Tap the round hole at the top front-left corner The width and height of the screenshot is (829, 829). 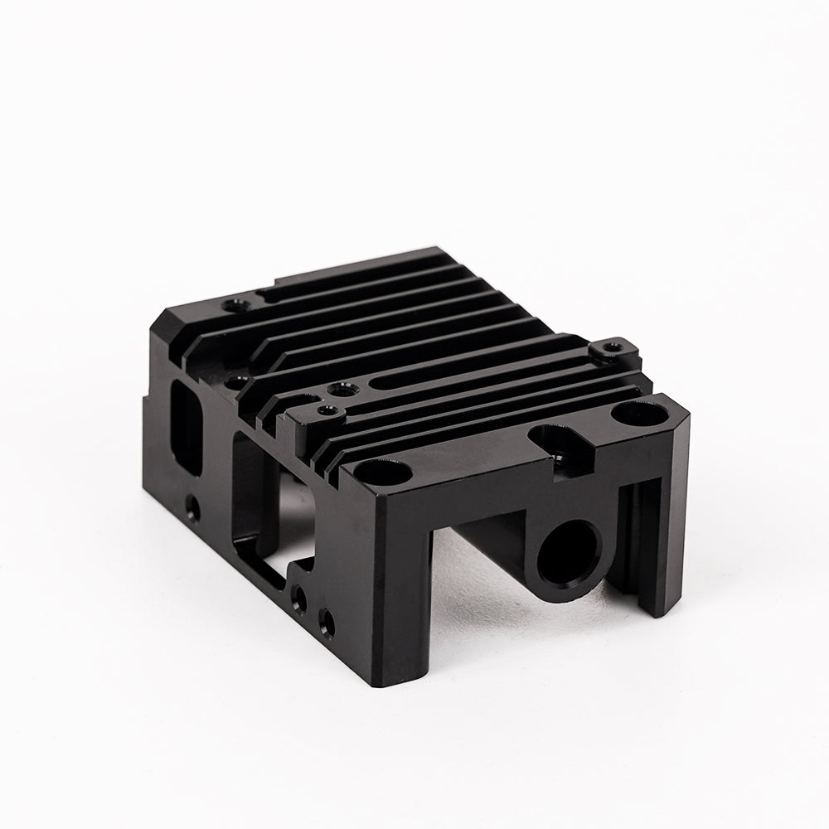pyautogui.click(x=381, y=474)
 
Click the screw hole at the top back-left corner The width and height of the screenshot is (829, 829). pyautogui.click(x=235, y=304)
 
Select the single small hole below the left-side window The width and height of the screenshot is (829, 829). pyautogui.click(x=192, y=506)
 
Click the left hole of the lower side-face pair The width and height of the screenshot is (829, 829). pyautogui.click(x=299, y=597)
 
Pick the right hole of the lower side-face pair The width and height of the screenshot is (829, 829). pyautogui.click(x=326, y=620)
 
